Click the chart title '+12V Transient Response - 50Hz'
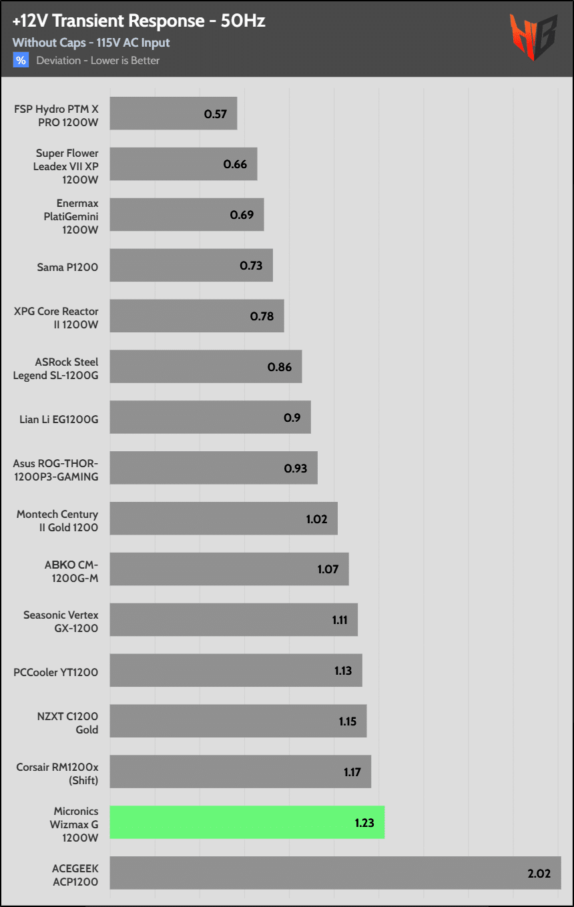(x=139, y=21)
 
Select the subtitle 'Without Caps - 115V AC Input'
(x=91, y=43)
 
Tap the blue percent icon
(x=21, y=61)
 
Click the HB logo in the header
(x=533, y=37)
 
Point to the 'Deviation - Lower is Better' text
(x=98, y=61)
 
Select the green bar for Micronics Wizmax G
(x=247, y=822)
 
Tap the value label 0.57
(x=216, y=113)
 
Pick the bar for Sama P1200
(x=191, y=266)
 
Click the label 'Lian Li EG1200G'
(x=59, y=419)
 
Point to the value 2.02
(x=539, y=873)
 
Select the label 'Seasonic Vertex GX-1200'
(x=61, y=621)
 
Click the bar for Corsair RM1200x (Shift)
(x=240, y=772)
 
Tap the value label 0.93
(x=296, y=469)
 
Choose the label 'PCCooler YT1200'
(x=56, y=672)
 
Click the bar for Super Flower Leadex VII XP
(x=184, y=164)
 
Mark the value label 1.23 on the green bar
(x=365, y=822)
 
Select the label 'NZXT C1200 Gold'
(x=68, y=723)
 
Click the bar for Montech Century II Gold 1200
(x=224, y=519)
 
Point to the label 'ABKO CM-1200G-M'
(x=71, y=571)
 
